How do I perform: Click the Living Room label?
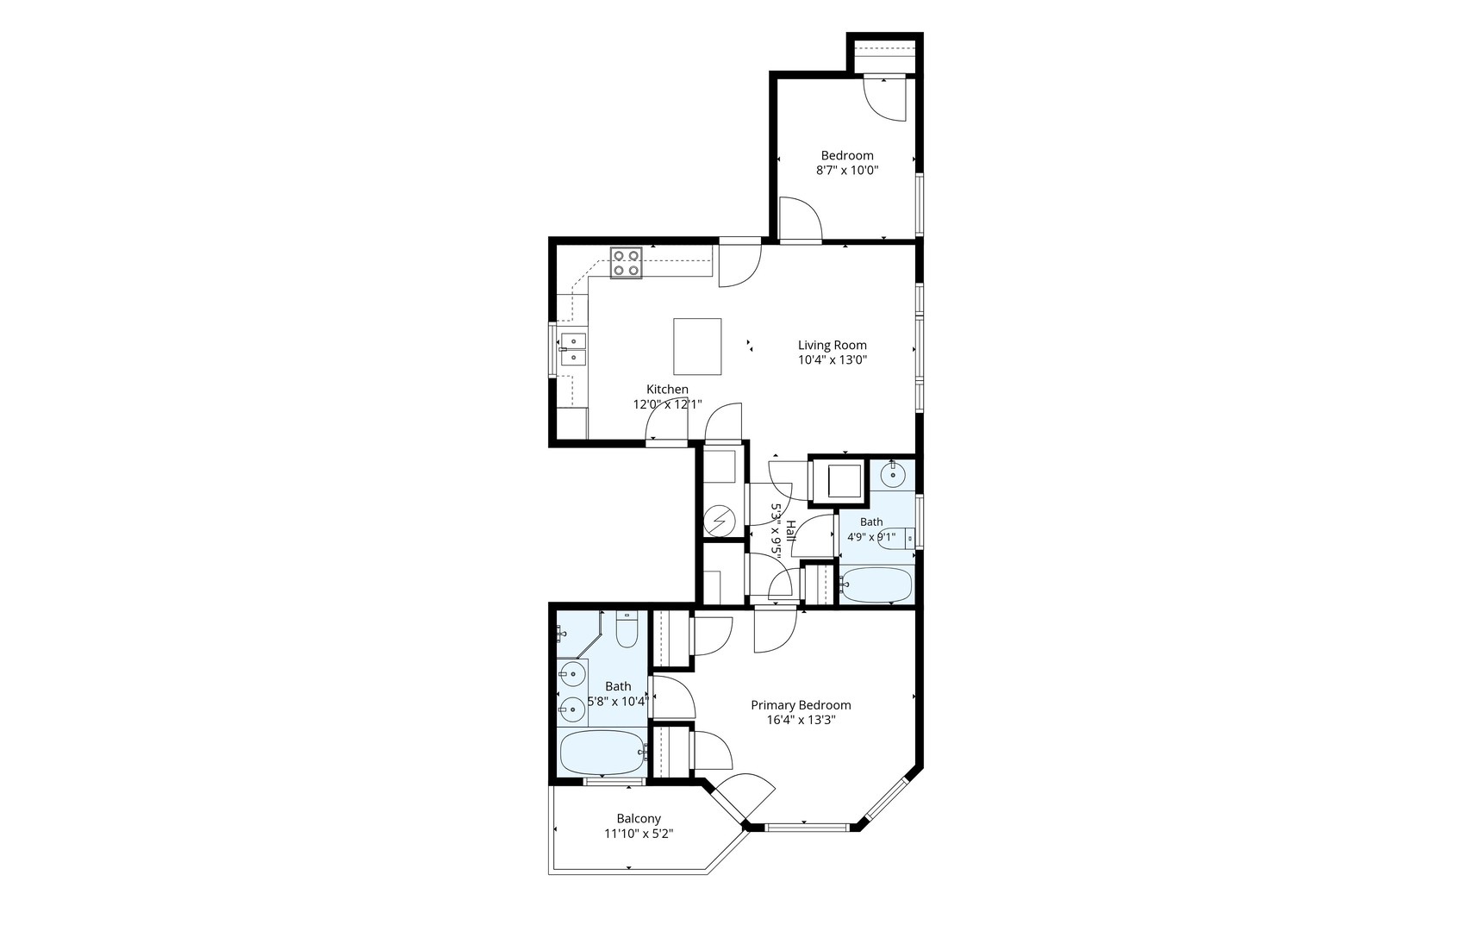point(832,345)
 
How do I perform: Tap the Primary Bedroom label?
point(801,705)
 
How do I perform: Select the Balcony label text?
point(639,819)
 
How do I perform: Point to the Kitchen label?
point(668,390)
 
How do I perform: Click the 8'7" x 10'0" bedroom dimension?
point(847,171)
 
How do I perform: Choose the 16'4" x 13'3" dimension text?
point(801,720)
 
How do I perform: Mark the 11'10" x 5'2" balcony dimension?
point(639,834)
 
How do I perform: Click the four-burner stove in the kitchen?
point(627,263)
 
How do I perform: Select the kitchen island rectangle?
point(697,347)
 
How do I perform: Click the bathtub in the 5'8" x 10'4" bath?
point(602,753)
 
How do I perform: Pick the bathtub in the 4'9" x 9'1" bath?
point(876,584)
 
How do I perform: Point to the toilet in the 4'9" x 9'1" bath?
point(895,539)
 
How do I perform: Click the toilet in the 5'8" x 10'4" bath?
point(627,629)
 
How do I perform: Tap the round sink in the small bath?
point(893,475)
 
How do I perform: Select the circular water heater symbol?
point(718,521)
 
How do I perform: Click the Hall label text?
point(791,531)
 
